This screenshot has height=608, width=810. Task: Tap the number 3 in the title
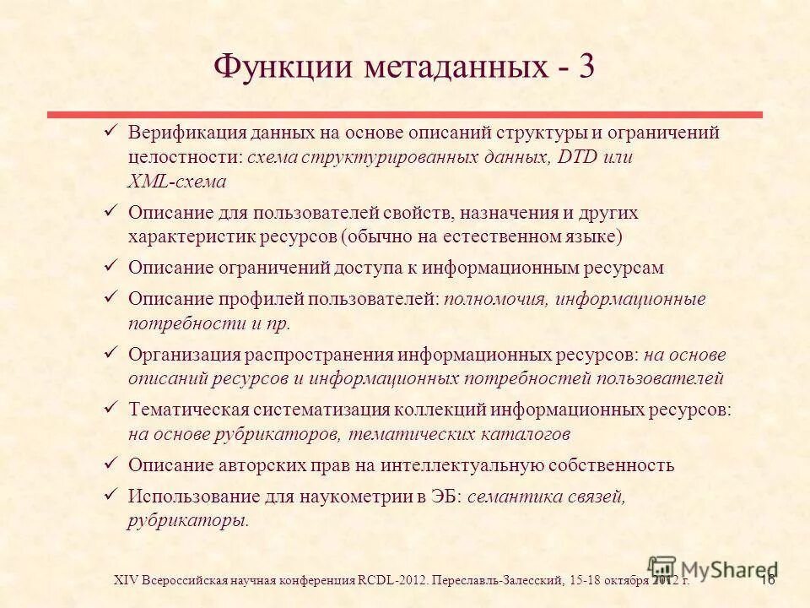click(x=586, y=66)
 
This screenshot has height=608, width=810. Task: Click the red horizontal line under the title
click(x=405, y=114)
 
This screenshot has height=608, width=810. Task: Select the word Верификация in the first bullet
click(x=186, y=133)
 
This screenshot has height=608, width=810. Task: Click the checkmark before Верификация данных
click(x=110, y=132)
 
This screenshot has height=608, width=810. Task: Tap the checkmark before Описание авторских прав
click(x=110, y=464)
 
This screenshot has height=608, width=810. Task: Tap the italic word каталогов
click(x=529, y=434)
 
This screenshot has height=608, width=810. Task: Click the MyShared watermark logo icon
click(x=662, y=567)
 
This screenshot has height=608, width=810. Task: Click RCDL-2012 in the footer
click(x=392, y=580)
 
